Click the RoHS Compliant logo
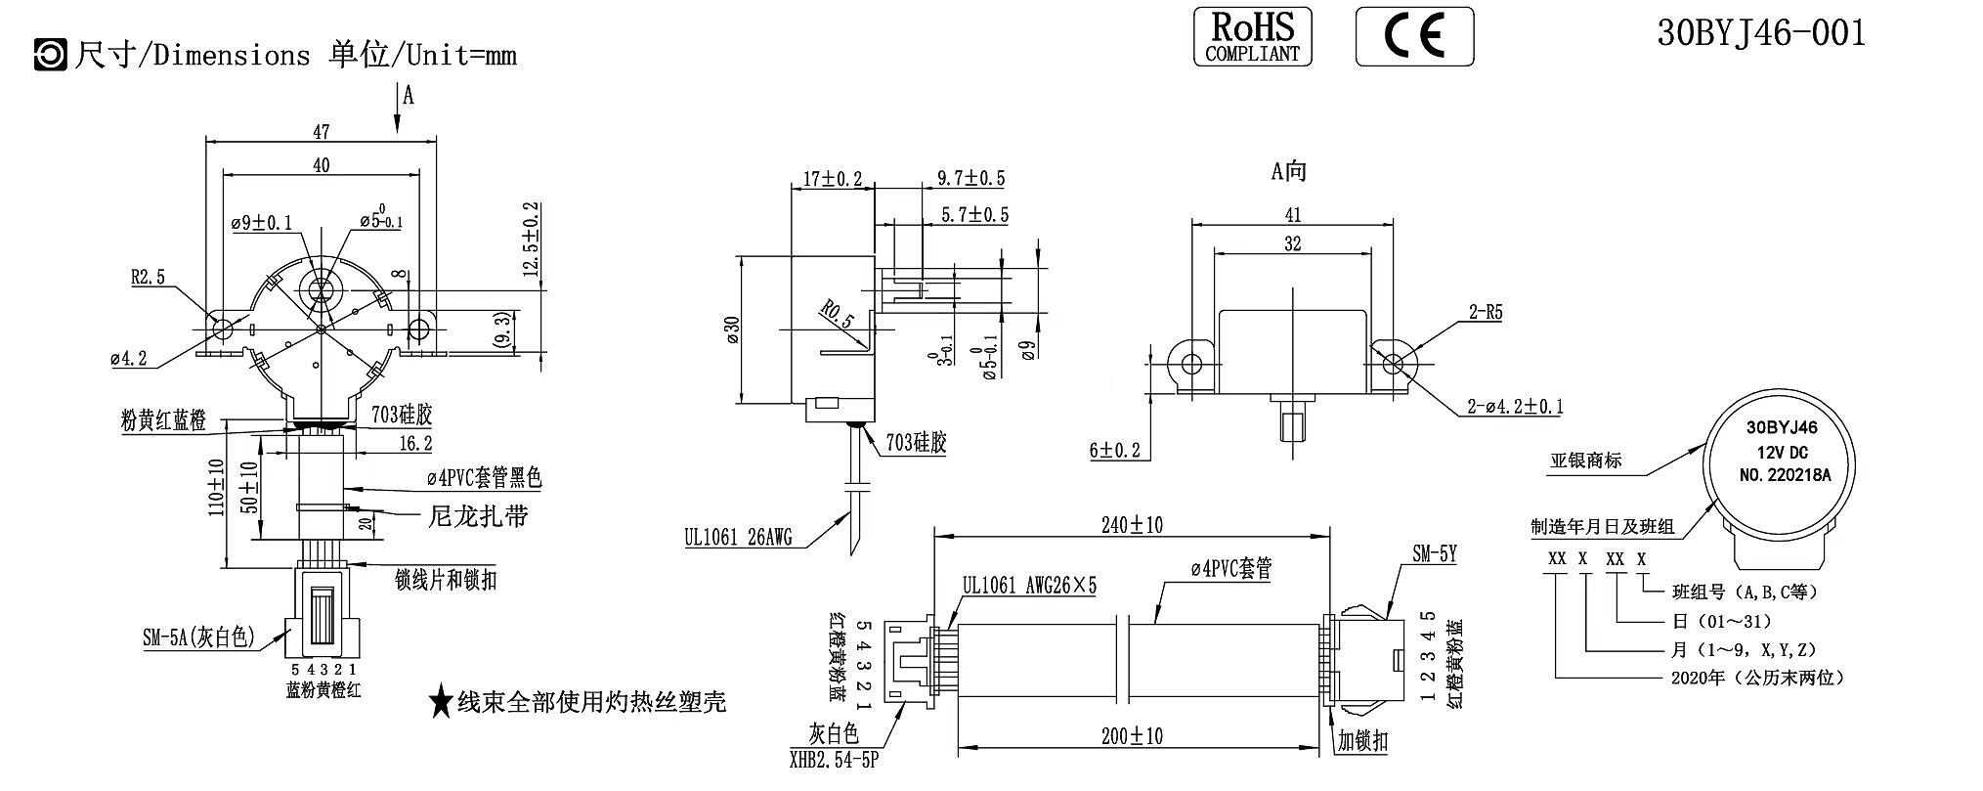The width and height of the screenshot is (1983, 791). click(1252, 37)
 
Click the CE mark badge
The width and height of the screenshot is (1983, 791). click(1414, 37)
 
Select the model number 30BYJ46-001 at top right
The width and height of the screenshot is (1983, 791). click(1761, 33)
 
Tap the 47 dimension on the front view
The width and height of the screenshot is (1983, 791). click(321, 131)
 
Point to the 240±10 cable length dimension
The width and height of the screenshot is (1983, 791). click(1131, 525)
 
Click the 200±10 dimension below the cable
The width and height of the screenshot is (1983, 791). click(1131, 735)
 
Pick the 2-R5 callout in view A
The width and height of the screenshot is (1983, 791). click(1485, 313)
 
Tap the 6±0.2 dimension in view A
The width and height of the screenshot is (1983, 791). click(1115, 451)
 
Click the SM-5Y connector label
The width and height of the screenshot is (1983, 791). click(1434, 554)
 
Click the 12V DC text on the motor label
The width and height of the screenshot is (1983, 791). click(1782, 452)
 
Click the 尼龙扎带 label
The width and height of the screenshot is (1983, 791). click(479, 515)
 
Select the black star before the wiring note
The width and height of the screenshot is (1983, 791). click(441, 701)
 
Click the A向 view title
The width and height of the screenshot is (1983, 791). click(1288, 172)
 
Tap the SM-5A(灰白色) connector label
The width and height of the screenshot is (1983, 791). click(198, 638)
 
